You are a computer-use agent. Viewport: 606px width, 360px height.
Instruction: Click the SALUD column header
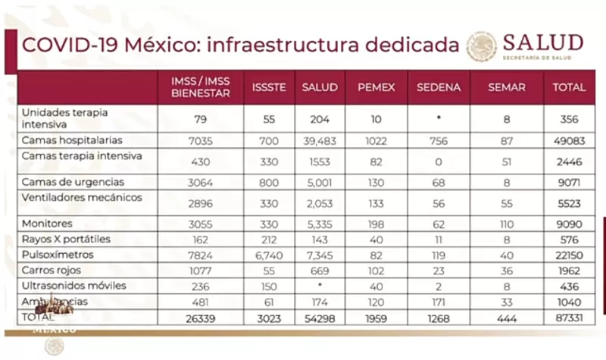pyautogui.click(x=319, y=87)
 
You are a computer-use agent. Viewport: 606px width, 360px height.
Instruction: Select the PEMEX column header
pyautogui.click(x=376, y=87)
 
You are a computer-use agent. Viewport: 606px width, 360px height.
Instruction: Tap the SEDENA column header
pyautogui.click(x=439, y=87)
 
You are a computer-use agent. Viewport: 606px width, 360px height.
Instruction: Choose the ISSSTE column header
pyautogui.click(x=268, y=87)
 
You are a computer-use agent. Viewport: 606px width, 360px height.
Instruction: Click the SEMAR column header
pyautogui.click(x=507, y=87)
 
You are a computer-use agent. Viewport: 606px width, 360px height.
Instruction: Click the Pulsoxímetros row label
pyautogui.click(x=58, y=255)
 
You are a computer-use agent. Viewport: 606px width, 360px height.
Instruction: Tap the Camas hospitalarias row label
pyautogui.click(x=72, y=140)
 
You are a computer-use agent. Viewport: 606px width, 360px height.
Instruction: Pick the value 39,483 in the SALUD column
pyautogui.click(x=319, y=140)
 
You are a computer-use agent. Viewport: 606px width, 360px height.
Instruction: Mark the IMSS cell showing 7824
pyautogui.click(x=201, y=255)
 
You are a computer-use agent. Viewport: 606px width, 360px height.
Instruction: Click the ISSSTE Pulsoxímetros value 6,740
pyautogui.click(x=268, y=255)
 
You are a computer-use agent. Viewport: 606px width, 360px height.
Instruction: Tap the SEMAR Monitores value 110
pyautogui.click(x=507, y=224)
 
